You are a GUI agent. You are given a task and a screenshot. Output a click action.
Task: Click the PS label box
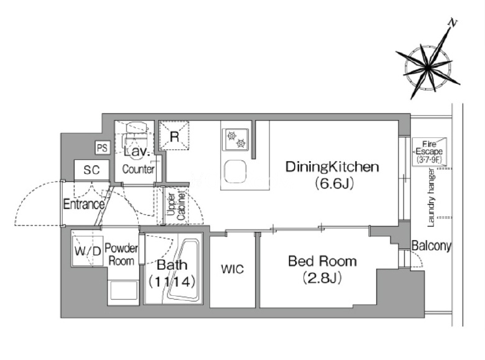tap(102, 147)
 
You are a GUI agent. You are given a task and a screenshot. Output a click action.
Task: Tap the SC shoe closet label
tap(91, 170)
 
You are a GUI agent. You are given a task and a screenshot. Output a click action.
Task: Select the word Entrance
tap(83, 205)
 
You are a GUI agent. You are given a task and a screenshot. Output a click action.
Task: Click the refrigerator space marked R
tap(174, 136)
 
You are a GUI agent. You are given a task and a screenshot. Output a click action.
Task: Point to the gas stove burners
tap(236, 139)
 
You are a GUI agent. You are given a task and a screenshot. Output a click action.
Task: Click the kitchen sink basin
tap(235, 172)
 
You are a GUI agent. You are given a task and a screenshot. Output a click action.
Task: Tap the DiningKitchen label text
tap(332, 167)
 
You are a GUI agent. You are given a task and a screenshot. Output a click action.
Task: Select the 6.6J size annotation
tap(334, 184)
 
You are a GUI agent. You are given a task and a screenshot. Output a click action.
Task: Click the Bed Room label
tap(322, 261)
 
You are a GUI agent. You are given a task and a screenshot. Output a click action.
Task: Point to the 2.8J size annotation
tap(322, 278)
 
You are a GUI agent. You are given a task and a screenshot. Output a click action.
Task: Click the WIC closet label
tap(233, 269)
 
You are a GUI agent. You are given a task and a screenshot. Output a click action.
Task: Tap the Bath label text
tap(172, 265)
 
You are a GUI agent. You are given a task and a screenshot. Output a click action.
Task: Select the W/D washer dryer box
tap(88, 251)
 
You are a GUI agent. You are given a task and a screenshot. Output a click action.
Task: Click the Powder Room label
tap(121, 254)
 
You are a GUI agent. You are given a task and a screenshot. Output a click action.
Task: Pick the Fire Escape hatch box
tap(429, 152)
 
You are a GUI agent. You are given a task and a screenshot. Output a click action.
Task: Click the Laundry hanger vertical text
tap(430, 198)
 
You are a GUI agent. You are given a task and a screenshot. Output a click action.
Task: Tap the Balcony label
tap(431, 246)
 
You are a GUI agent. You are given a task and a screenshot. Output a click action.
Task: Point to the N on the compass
tap(453, 23)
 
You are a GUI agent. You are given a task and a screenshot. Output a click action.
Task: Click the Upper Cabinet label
tap(177, 206)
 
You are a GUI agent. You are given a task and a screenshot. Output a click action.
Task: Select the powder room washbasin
tap(123, 290)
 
